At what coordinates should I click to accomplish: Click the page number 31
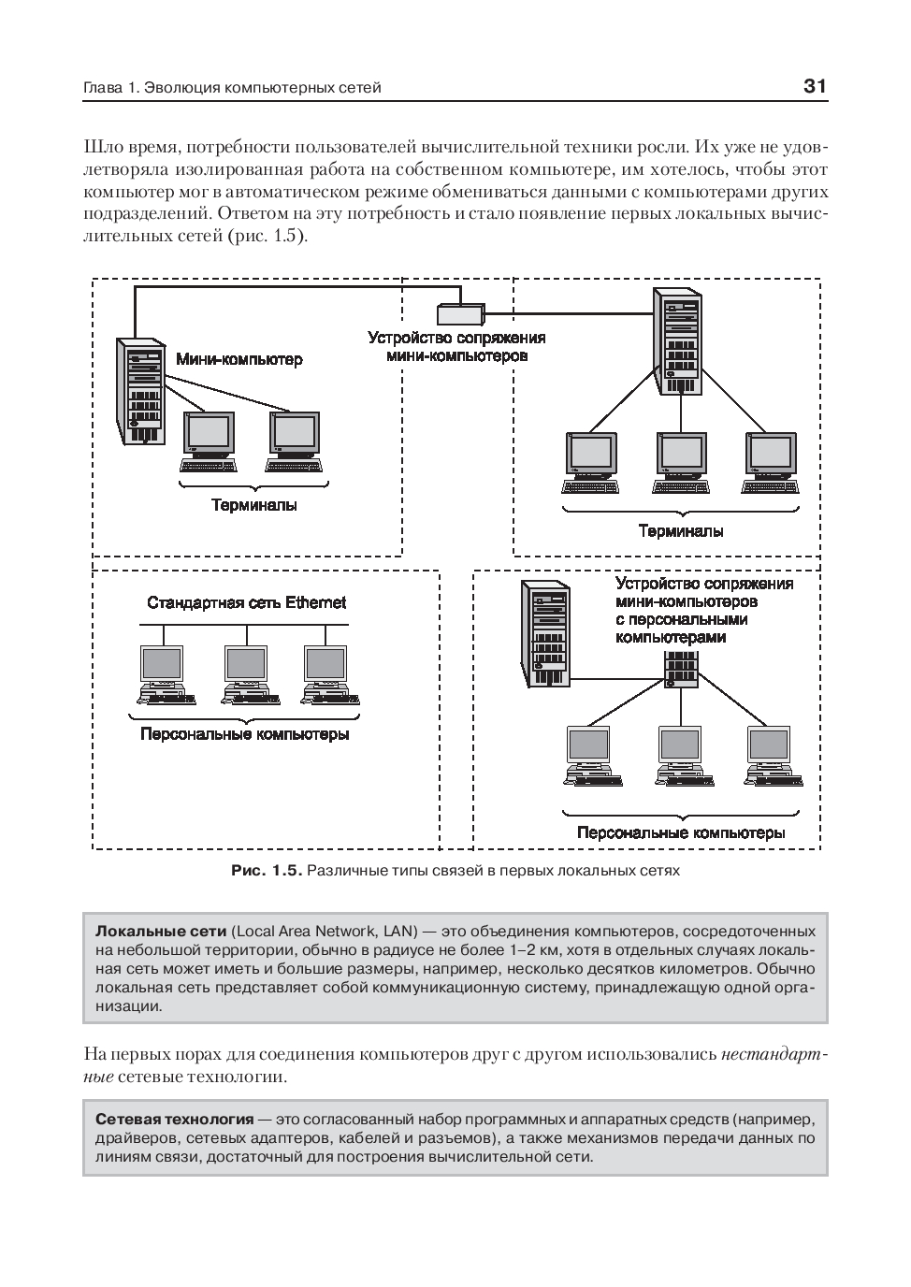pos(815,87)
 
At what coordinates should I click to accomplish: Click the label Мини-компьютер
pos(239,359)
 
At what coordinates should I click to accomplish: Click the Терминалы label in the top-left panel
pos(253,505)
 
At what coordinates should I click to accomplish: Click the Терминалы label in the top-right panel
pos(680,530)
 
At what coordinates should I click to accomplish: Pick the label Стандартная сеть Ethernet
pos(246,602)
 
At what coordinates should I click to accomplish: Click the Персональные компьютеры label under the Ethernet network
pos(245,734)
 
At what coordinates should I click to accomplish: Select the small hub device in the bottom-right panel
pos(682,667)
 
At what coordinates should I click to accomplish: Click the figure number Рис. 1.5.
pos(267,870)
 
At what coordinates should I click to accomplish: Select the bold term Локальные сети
pos(161,932)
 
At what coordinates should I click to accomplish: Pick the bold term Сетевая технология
pos(175,1119)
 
